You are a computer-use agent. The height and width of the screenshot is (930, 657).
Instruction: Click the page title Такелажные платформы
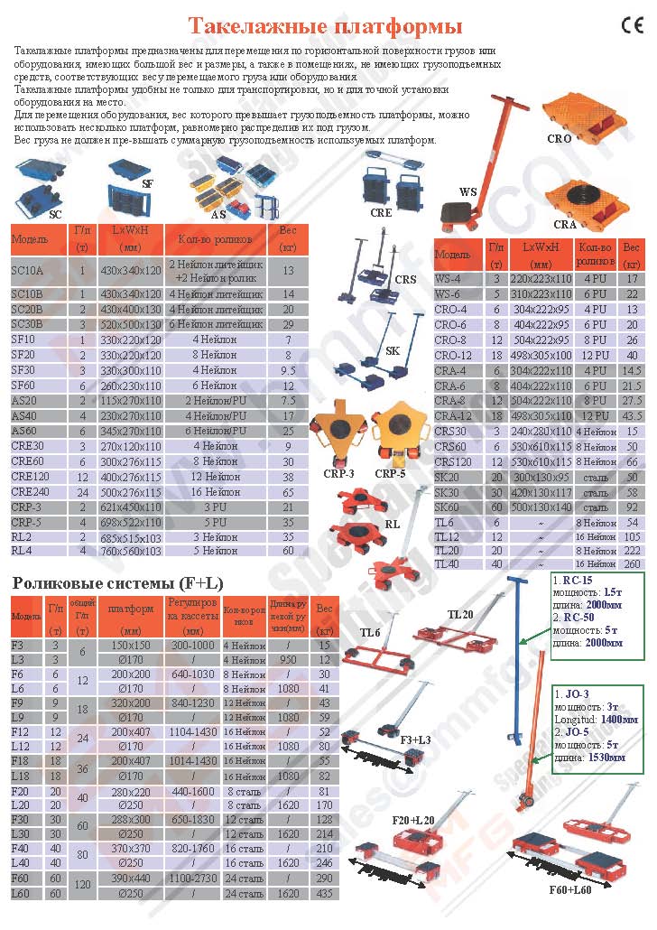tap(325, 25)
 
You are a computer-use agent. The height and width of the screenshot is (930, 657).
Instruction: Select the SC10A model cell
tap(27, 270)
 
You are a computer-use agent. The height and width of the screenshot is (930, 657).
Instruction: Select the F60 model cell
tap(19, 878)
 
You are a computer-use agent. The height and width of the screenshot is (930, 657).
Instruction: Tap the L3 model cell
tap(18, 660)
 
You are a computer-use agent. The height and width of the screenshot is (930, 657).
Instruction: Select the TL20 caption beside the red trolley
tap(460, 614)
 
